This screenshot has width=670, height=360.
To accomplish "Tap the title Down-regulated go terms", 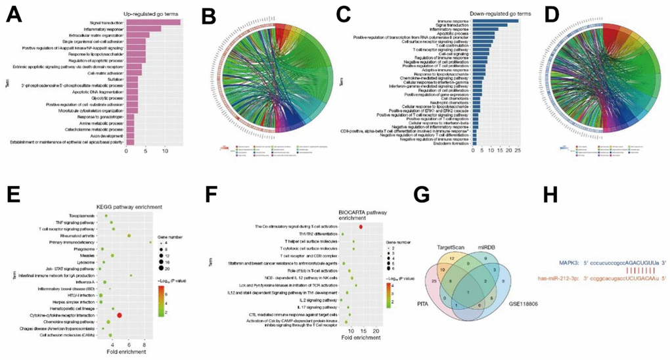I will coord(488,13).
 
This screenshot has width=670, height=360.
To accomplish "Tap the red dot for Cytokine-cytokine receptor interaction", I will coord(120,315).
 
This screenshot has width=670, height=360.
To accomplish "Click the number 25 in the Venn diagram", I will coord(435,281).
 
